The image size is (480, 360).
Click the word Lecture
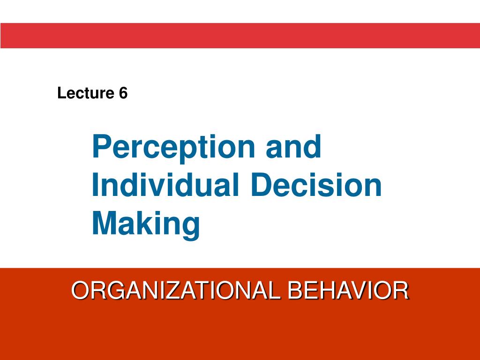point(84,93)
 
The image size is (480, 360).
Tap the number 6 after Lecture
point(123,93)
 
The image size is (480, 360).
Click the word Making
point(146,224)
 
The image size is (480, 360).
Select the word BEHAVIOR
point(348,291)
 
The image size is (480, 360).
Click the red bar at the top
point(240,36)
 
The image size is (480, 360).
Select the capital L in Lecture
point(60,93)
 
